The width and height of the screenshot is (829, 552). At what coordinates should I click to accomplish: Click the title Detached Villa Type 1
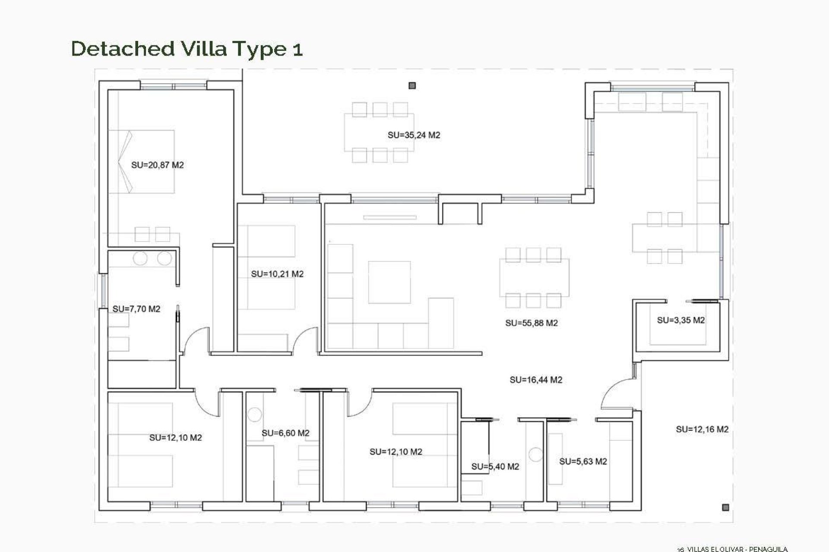click(187, 48)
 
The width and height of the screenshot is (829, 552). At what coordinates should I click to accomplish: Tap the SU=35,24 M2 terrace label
click(414, 135)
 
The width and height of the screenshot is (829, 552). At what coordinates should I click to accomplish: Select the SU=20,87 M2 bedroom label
click(157, 165)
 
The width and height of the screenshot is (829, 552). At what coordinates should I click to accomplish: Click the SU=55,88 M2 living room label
click(531, 323)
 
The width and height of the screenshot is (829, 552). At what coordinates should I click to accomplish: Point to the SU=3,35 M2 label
click(680, 320)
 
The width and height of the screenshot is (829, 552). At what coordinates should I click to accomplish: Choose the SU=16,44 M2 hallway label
click(535, 380)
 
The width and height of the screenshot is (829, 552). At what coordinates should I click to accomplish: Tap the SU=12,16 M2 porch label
click(702, 429)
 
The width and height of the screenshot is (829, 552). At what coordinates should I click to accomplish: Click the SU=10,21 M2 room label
click(277, 274)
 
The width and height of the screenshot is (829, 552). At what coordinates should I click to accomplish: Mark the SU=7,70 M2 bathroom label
click(136, 309)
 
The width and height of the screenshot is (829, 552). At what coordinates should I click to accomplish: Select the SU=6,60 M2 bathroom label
click(285, 433)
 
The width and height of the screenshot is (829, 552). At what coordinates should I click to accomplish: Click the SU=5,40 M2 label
click(495, 466)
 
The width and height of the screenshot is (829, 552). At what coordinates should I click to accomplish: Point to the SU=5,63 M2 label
click(583, 461)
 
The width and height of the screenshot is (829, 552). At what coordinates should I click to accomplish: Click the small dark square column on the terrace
click(412, 86)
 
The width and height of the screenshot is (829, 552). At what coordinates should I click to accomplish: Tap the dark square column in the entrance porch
click(725, 507)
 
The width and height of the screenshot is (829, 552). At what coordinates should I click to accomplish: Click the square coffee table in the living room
click(389, 282)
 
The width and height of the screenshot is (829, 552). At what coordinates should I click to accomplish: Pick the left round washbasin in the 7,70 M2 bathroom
click(140, 259)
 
